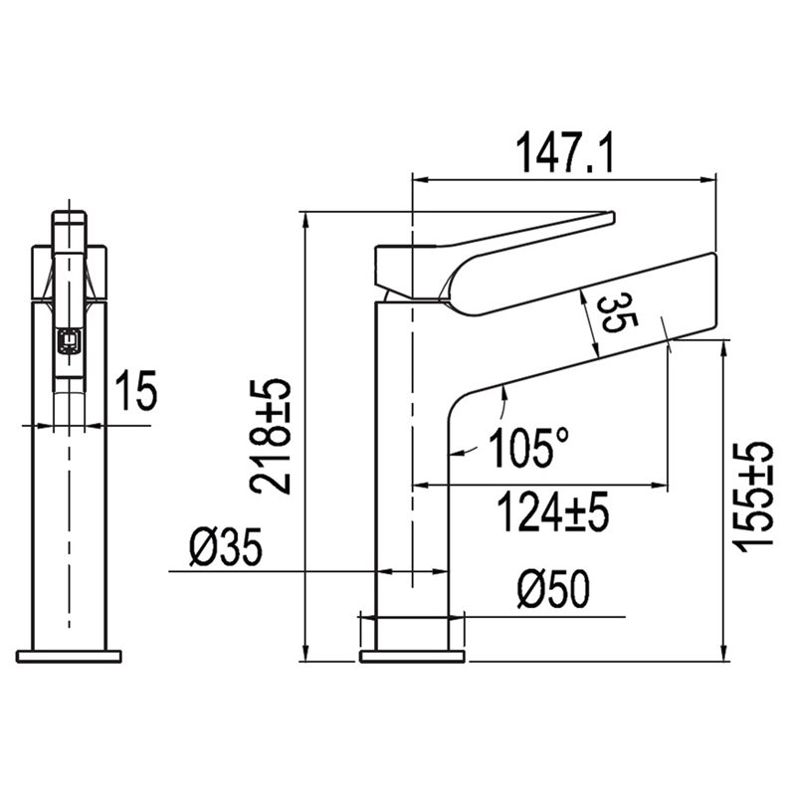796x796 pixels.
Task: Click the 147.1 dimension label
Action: [564, 152]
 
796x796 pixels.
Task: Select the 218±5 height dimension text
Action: [270, 437]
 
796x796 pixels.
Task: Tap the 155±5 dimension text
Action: [752, 497]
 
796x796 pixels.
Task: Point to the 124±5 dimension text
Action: [553, 511]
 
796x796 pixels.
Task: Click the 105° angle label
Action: [528, 448]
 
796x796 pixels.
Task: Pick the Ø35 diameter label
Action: [226, 546]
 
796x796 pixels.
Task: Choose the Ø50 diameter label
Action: [553, 589]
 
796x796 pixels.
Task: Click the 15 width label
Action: [136, 390]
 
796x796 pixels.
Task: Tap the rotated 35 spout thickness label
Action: [616, 314]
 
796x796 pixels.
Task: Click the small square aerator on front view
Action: [69, 340]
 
